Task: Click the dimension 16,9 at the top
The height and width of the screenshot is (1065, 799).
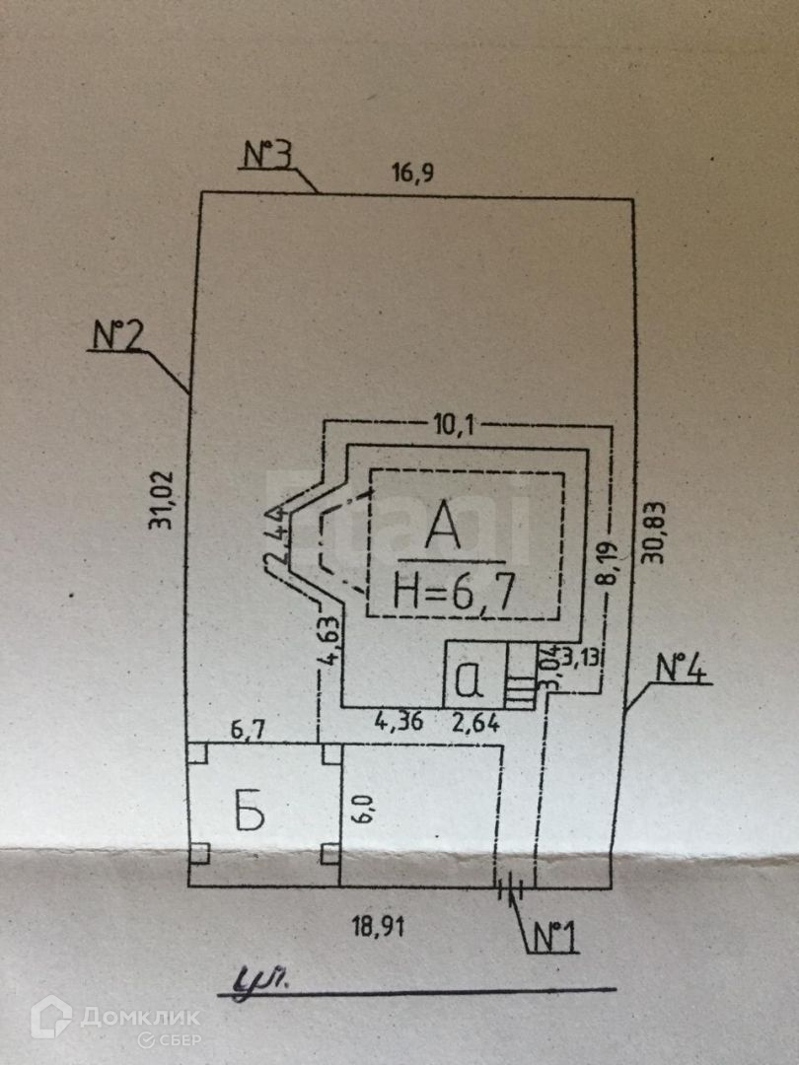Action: click(413, 174)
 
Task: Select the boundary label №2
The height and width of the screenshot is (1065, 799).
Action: click(119, 335)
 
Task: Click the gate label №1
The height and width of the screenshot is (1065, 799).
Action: click(555, 936)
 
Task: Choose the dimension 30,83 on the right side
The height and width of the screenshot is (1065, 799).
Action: click(655, 532)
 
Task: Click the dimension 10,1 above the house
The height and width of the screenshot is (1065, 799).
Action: click(455, 426)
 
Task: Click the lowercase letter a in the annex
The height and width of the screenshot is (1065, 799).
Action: click(472, 678)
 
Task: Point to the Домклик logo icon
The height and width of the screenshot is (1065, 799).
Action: click(51, 1017)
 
